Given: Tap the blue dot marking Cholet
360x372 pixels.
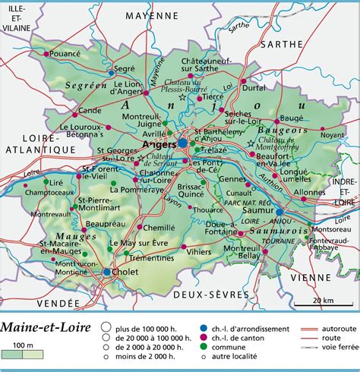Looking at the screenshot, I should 106,272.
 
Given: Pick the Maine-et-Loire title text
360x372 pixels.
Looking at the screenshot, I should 43,327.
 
